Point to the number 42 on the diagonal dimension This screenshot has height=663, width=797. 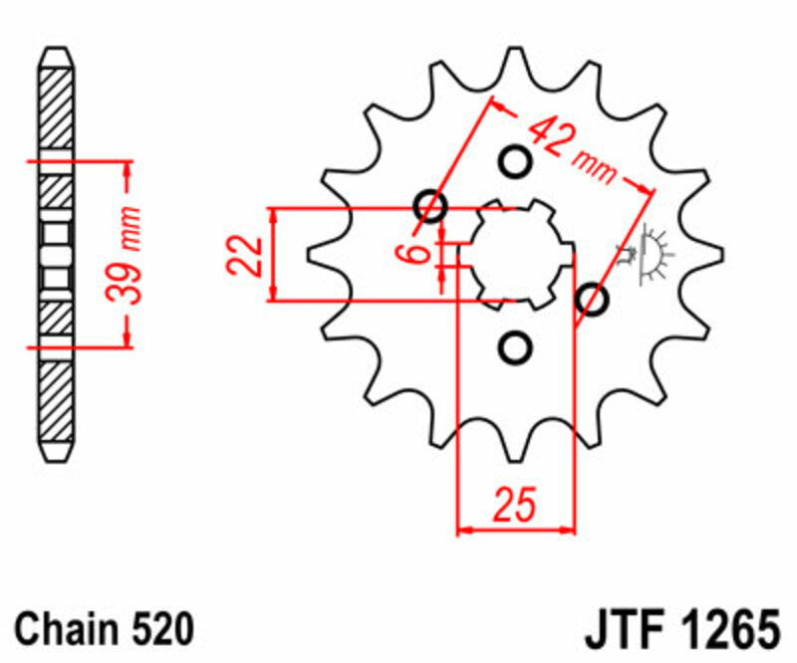click(549, 136)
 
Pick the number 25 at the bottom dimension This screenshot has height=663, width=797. click(515, 505)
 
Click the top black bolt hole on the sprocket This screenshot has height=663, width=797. click(515, 160)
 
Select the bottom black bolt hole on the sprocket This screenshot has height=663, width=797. click(515, 347)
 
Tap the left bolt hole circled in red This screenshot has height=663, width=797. click(432, 206)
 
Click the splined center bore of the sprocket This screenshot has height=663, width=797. click(515, 254)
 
